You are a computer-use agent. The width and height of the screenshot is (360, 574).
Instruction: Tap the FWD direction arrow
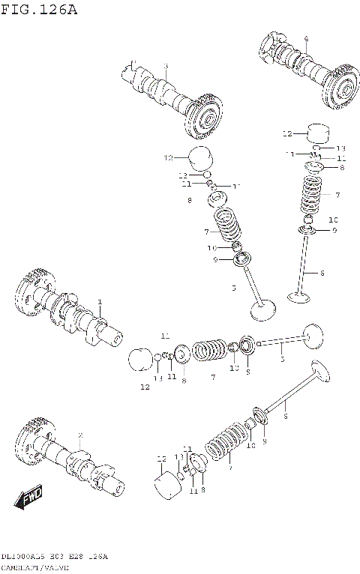(31, 496)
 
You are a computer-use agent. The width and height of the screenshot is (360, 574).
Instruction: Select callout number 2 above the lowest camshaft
(80, 435)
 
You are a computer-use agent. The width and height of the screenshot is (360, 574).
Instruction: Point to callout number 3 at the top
(166, 67)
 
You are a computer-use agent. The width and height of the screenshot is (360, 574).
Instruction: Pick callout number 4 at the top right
(306, 38)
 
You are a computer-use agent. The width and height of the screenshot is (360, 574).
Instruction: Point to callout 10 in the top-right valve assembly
(334, 219)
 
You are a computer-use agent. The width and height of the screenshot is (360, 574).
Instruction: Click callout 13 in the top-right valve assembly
(340, 148)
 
